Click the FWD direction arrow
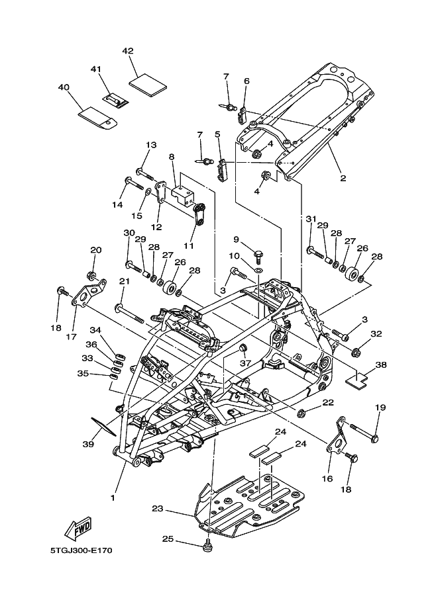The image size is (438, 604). (78, 528)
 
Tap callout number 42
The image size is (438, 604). (128, 51)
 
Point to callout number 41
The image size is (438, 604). (96, 69)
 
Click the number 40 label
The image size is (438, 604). (64, 87)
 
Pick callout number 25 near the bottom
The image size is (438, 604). (168, 539)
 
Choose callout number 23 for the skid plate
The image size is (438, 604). (157, 509)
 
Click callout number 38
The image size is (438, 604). (381, 365)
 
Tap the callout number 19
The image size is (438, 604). (380, 408)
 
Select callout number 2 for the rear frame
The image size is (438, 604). (343, 178)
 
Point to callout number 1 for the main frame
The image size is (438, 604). (113, 497)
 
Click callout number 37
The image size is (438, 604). (245, 363)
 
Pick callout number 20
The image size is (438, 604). (96, 250)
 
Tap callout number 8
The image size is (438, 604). (172, 157)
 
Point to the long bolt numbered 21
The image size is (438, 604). (131, 311)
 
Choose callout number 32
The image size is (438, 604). (376, 334)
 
